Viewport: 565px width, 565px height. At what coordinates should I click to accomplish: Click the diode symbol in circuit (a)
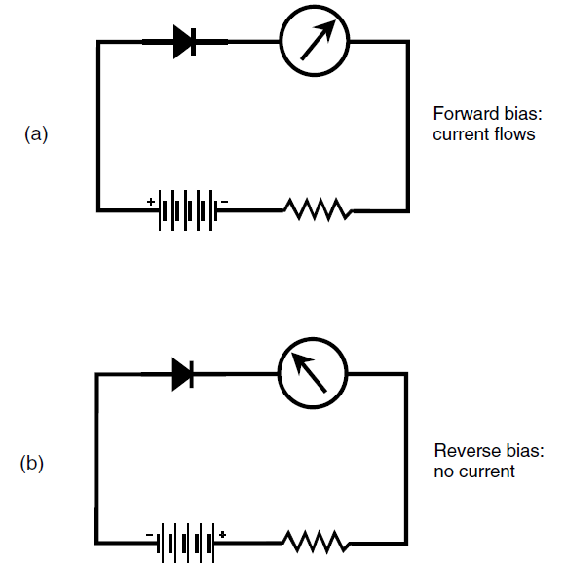(184, 42)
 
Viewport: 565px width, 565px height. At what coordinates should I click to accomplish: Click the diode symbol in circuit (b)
(183, 374)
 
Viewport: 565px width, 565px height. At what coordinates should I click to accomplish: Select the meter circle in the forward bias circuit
(280, 40)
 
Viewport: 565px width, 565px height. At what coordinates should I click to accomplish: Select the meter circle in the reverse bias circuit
(279, 373)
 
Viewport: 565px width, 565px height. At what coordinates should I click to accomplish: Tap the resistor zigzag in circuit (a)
(319, 209)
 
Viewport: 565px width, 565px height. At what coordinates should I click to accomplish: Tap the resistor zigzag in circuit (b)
(316, 542)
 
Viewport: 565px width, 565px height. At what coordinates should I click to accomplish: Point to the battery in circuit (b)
(186, 543)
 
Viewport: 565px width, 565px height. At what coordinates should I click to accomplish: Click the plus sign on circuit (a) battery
(151, 202)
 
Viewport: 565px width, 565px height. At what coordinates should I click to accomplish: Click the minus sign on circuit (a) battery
(224, 202)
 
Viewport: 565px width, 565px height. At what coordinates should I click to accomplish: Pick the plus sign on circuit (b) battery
(222, 535)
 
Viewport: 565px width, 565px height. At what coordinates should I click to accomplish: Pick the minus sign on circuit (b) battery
(149, 535)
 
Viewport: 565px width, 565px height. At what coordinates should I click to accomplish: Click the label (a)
(36, 134)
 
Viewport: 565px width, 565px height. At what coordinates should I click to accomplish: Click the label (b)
(32, 463)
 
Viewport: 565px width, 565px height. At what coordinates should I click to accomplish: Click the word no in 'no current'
(443, 472)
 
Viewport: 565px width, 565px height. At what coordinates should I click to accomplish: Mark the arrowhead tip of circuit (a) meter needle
(335, 19)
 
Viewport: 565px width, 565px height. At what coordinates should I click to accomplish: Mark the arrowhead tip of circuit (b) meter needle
(291, 353)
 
